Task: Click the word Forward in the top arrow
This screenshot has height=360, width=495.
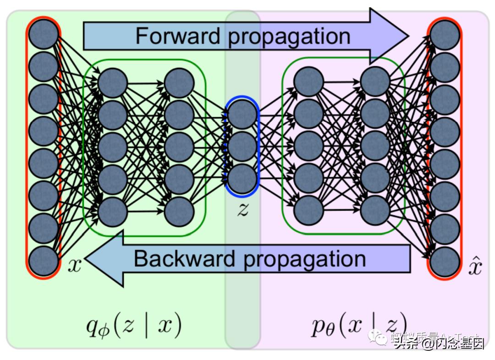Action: point(178,35)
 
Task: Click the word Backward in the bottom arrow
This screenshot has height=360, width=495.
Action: point(184,259)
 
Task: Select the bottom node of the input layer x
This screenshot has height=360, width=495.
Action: point(44,261)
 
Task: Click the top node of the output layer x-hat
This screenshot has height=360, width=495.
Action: point(445,35)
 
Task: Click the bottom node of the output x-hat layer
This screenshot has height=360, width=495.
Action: point(445,262)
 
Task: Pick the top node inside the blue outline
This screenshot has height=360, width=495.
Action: point(242,115)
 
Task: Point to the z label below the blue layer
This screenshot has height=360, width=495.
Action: point(242,209)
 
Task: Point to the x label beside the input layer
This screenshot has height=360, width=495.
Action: point(74,265)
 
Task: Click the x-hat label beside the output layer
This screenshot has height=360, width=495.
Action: point(475,267)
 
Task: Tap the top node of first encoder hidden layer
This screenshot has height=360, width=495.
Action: point(112,83)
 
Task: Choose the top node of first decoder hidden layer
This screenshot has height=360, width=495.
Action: point(308,82)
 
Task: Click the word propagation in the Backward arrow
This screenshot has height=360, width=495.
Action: point(304,259)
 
